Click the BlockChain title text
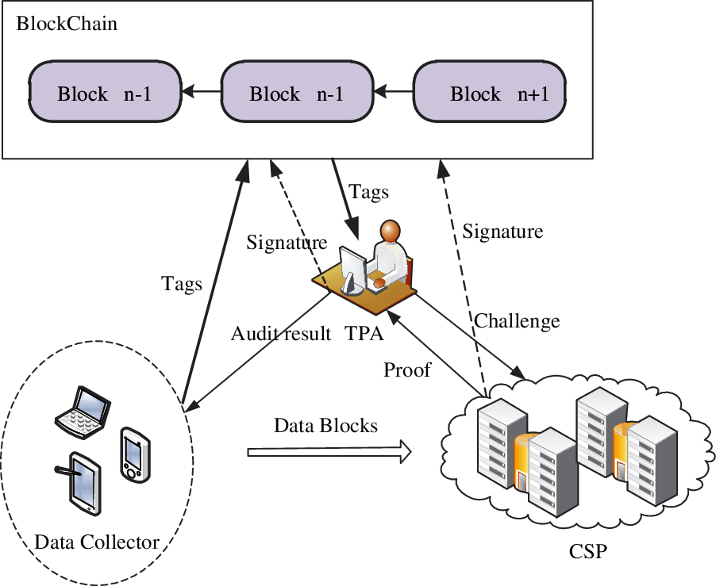(67, 24)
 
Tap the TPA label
(364, 334)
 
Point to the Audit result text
(280, 334)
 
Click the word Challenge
(517, 321)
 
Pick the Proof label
(406, 370)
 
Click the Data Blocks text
(325, 425)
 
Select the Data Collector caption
(97, 542)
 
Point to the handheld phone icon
(133, 455)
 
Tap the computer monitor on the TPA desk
(350, 266)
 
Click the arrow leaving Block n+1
(394, 94)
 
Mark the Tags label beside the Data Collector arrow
(182, 283)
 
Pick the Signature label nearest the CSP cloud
(502, 232)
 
